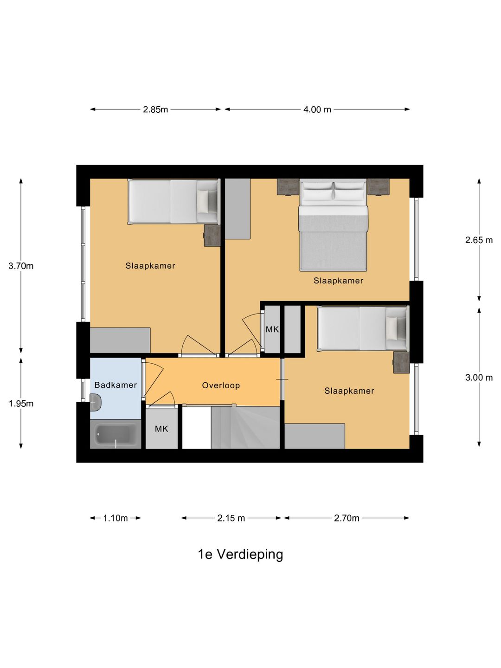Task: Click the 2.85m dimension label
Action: tap(155, 109)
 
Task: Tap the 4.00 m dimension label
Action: tap(317, 109)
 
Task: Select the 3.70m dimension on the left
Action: tap(21, 266)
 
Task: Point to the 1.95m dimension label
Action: tap(21, 404)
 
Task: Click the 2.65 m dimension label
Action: tap(479, 240)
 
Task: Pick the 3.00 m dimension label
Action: tap(479, 378)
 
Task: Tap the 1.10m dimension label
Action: tap(115, 518)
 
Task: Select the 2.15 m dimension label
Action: tap(231, 518)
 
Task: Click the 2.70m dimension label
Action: tap(347, 518)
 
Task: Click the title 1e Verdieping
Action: tap(240, 554)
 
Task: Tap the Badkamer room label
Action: tap(116, 385)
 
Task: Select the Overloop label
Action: tap(221, 385)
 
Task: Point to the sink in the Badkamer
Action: tap(96, 402)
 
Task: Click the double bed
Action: tap(333, 227)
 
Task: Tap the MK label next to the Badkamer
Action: tap(161, 429)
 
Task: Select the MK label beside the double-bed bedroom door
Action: tap(272, 329)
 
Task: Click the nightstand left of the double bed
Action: tap(288, 187)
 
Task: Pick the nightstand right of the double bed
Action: tap(378, 187)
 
